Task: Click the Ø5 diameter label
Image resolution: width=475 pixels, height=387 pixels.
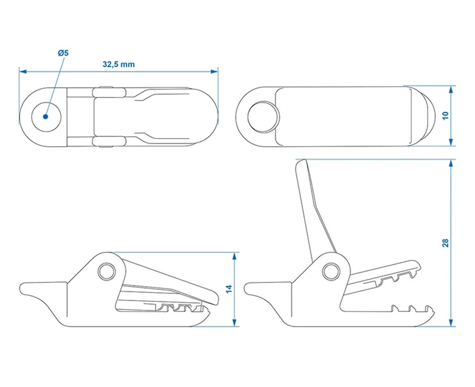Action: pos(63,53)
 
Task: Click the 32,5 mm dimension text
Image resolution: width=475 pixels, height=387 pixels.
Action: pos(119,65)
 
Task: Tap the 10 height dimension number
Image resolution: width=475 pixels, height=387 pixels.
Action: pos(445,116)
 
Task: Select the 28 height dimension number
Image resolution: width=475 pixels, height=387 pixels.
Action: pos(445,243)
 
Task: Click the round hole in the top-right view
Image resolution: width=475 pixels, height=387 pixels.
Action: pos(263,116)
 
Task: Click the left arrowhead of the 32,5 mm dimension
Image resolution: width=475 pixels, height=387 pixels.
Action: pos(22,72)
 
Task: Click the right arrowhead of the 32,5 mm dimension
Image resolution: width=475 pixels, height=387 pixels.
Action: pos(215,72)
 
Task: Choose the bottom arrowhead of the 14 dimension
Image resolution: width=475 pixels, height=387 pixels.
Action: pos(234,323)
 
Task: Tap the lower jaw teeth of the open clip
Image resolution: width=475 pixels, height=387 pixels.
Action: pos(411,309)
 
